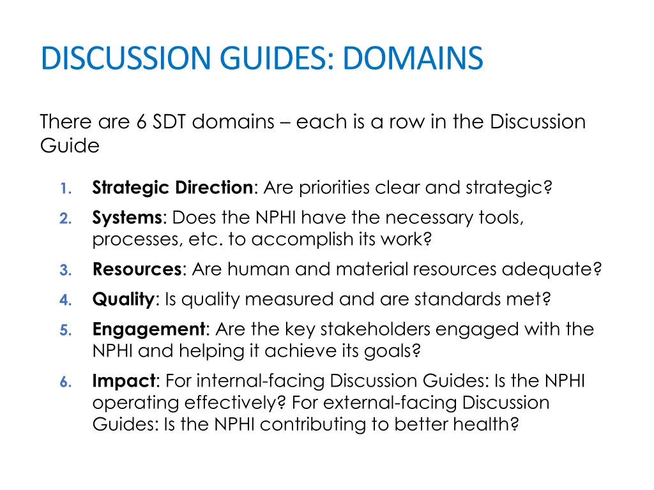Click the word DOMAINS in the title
(x=413, y=58)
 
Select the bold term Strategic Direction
(x=172, y=188)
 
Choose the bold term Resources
(x=137, y=269)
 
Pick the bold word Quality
(x=123, y=299)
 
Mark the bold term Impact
(x=124, y=381)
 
